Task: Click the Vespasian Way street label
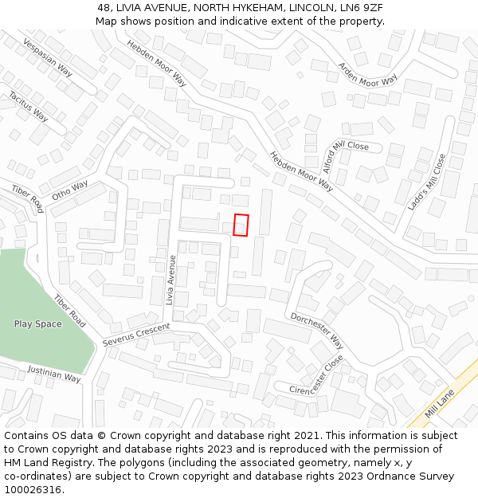click(x=47, y=58)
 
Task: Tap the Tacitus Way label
click(x=28, y=106)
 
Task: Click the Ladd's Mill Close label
click(x=427, y=182)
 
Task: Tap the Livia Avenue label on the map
click(x=170, y=280)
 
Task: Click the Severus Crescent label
click(x=136, y=335)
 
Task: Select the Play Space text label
click(x=37, y=324)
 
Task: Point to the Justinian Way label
click(x=54, y=373)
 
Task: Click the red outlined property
click(x=241, y=225)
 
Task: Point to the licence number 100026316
click(x=31, y=490)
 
